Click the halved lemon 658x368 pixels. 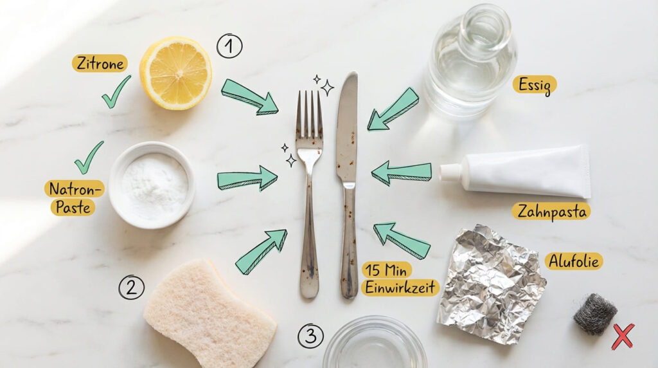[175, 73]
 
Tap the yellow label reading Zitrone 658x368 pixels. [99, 63]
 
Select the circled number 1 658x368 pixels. [229, 46]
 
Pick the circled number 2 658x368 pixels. [131, 287]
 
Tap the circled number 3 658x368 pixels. [310, 335]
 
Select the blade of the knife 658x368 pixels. [347, 129]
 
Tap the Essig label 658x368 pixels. [535, 85]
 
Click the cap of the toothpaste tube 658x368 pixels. [450, 172]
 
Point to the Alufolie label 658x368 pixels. [574, 261]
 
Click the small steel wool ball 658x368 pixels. [594, 314]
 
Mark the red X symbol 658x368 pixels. [622, 336]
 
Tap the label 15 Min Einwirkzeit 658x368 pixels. [400, 279]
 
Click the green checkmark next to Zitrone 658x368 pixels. [116, 92]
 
